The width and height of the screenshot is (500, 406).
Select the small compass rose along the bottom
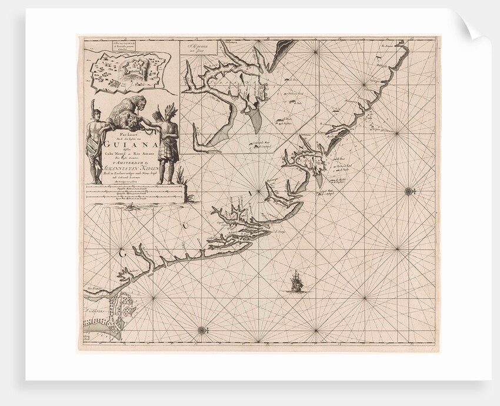[x=201, y=330]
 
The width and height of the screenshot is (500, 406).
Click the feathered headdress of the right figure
[x=169, y=110]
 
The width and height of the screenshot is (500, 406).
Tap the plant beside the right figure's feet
[x=180, y=173]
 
